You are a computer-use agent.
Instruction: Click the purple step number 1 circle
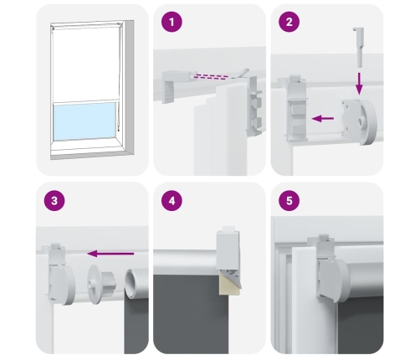click(x=172, y=22)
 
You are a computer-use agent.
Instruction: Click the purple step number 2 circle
click(x=289, y=22)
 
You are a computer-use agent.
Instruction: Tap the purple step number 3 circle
click(x=54, y=200)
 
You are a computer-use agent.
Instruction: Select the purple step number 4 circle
click(x=172, y=200)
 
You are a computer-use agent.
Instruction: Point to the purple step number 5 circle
click(x=289, y=200)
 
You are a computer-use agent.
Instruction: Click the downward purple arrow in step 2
click(x=359, y=84)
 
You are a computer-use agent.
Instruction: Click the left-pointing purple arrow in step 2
click(x=323, y=119)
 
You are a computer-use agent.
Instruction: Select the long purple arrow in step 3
click(x=110, y=254)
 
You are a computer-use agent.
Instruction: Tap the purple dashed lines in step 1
click(x=213, y=76)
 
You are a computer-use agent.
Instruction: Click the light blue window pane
click(x=85, y=121)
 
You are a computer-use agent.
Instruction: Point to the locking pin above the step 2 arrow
click(x=359, y=47)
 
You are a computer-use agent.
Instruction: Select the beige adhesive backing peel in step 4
click(x=230, y=284)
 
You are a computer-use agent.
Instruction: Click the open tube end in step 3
click(x=131, y=283)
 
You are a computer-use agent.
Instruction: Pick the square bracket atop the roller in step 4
click(x=228, y=249)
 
